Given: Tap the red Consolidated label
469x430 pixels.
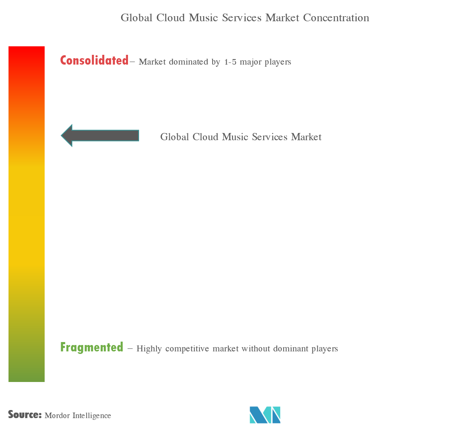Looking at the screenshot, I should [x=94, y=61].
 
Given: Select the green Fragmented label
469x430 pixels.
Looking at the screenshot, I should [x=92, y=348].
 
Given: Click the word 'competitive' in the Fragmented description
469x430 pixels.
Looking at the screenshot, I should [x=188, y=349].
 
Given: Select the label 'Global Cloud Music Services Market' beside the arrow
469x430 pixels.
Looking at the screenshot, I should [x=241, y=137].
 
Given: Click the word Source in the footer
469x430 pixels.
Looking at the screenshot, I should [x=24, y=415].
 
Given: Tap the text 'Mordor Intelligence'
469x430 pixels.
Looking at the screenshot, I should [x=77, y=416].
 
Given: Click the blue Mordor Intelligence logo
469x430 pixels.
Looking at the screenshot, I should [x=265, y=415].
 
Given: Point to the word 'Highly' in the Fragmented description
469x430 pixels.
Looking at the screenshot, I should [x=149, y=349].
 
